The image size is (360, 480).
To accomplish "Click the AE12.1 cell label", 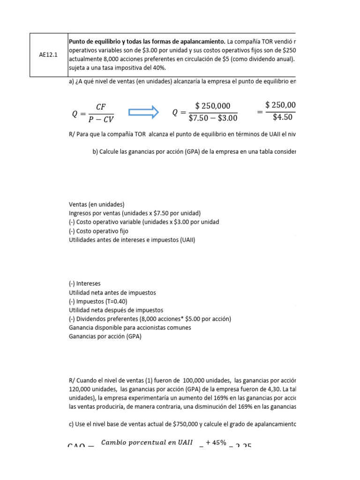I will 49,54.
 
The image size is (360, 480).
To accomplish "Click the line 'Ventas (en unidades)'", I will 97,204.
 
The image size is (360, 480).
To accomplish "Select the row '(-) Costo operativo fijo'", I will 98,231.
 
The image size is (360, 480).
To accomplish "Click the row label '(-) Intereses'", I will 85,284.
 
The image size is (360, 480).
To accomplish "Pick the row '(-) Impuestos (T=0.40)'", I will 98,301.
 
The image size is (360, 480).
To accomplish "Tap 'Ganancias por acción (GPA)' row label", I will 105,337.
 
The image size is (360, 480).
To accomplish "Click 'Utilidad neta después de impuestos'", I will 116,310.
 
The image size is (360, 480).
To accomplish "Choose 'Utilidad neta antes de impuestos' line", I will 112,292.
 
